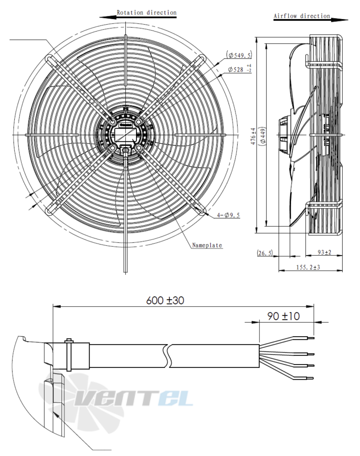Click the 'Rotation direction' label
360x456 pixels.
[146, 13]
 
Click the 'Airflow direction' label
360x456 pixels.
[302, 16]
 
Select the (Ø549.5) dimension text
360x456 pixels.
[240, 55]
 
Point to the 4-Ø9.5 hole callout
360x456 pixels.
[228, 215]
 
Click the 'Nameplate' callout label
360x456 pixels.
[207, 245]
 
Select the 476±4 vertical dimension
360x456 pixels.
[254, 136]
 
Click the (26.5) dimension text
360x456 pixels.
[265, 253]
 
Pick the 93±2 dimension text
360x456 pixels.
[324, 253]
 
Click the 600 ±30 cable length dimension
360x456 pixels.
[165, 300]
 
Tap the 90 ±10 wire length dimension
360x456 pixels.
[283, 316]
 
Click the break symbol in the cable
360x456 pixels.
[168, 356]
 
